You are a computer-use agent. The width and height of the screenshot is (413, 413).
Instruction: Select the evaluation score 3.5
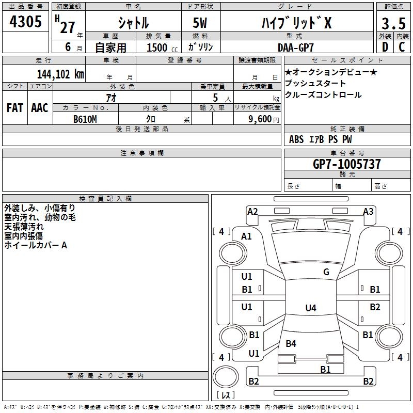[x=393, y=24]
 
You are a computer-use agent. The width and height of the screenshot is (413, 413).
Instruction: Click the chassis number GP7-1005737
[x=347, y=164]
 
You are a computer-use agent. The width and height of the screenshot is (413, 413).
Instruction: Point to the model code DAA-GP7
[x=303, y=47]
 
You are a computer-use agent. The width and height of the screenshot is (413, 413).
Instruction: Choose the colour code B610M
[x=85, y=119]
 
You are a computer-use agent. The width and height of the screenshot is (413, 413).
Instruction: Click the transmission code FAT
[x=15, y=107]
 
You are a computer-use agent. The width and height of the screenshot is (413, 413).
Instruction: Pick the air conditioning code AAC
[x=39, y=107]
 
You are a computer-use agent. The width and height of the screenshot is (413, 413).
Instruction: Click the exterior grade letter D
[x=385, y=47]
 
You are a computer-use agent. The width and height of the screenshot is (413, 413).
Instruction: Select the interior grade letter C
[x=402, y=47]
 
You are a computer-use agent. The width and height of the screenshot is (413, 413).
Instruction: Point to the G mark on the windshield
[x=326, y=272]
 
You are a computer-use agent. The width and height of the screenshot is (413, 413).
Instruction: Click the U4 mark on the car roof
[x=310, y=308]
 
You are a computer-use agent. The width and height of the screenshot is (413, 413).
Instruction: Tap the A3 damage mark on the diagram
[x=368, y=211]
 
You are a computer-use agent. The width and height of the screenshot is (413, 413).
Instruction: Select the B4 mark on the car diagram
[x=291, y=343]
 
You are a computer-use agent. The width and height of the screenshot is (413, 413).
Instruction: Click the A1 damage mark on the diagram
[x=247, y=236]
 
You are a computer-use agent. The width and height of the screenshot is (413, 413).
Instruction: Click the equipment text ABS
[x=296, y=139]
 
